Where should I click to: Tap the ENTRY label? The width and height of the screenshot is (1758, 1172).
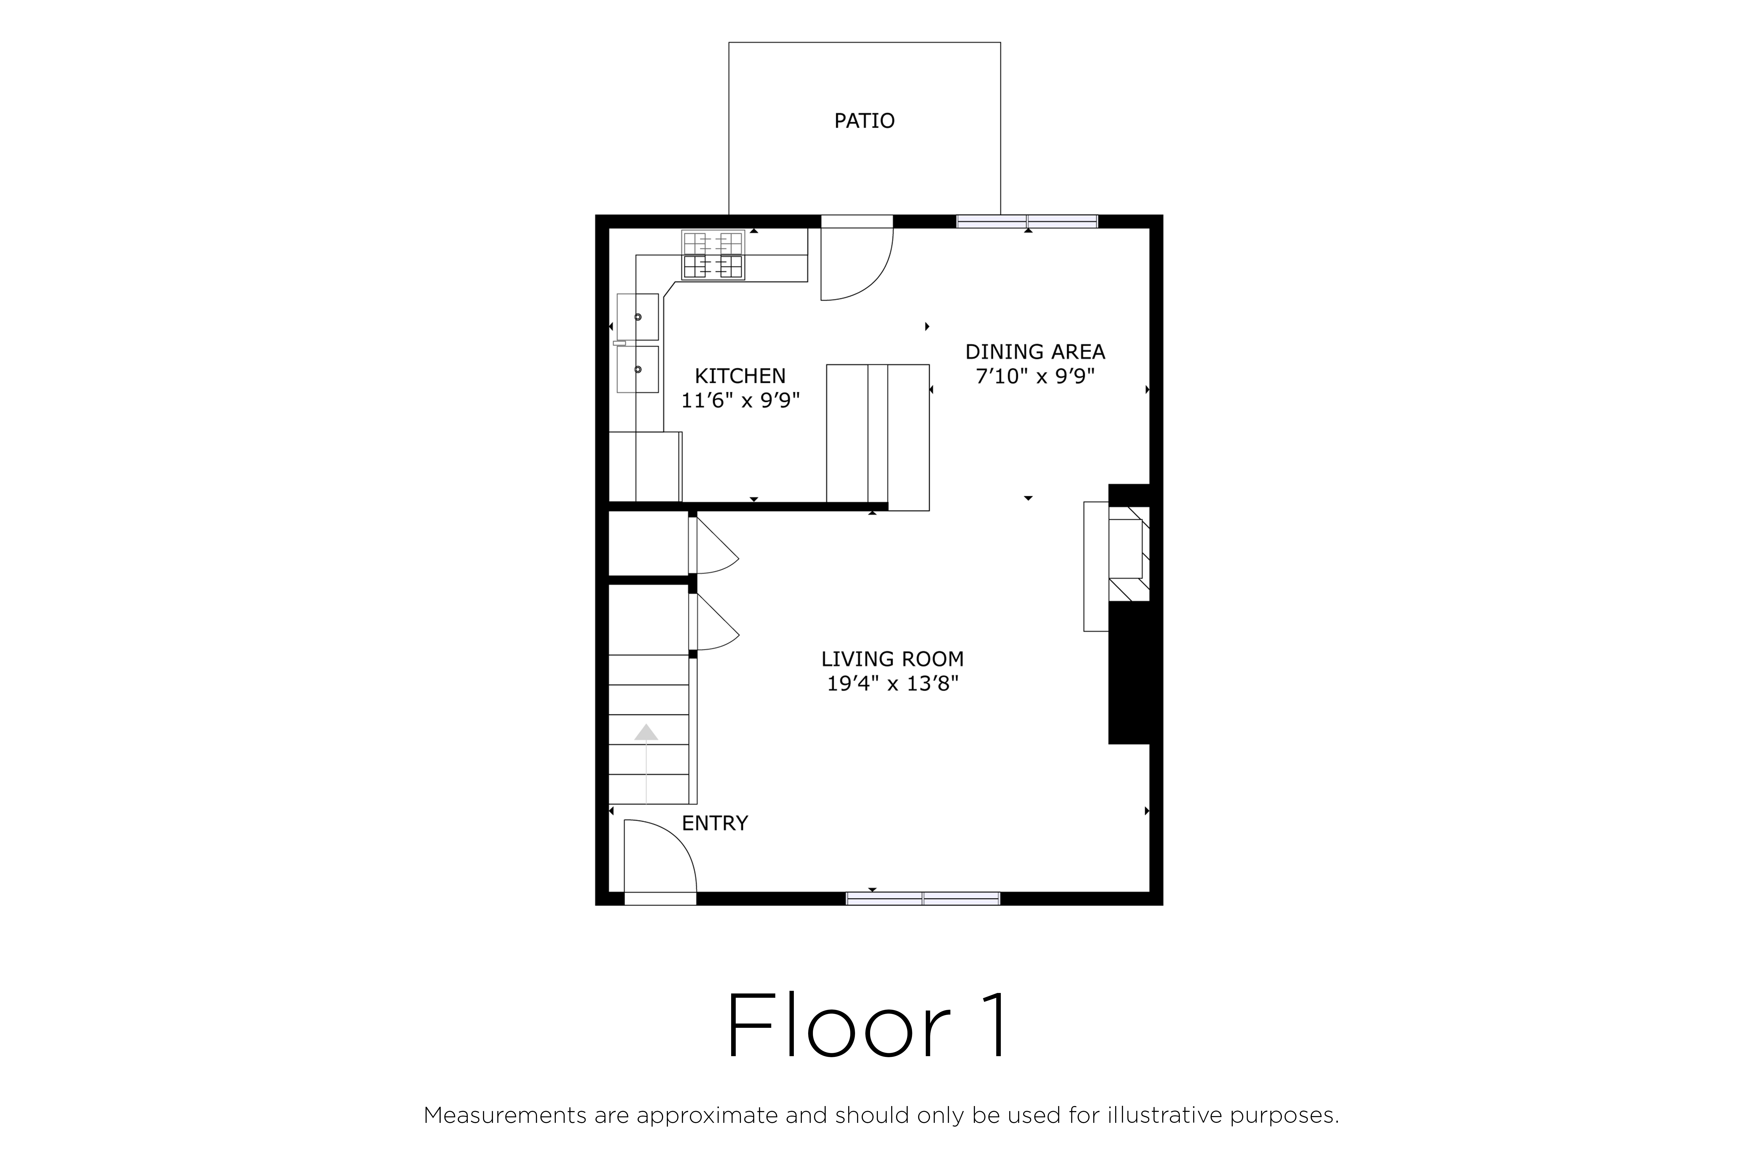[x=715, y=823]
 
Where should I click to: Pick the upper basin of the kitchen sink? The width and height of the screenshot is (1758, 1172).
[x=638, y=317]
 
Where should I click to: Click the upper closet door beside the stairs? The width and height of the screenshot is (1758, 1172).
[x=714, y=546]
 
